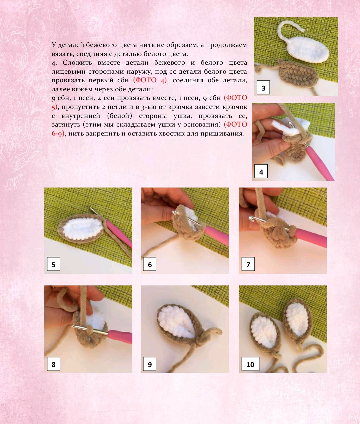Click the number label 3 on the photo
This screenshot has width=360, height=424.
point(263,88)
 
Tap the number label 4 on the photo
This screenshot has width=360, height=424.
point(261,171)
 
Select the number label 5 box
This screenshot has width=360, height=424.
point(54,264)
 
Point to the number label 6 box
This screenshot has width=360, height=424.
point(150,264)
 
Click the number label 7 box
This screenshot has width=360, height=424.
point(248,264)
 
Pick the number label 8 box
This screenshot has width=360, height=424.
point(54,364)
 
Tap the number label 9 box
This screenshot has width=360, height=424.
point(150,364)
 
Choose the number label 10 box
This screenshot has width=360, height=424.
point(250,364)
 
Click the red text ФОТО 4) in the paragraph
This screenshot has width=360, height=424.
point(150,80)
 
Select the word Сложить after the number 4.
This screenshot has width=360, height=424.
point(77,62)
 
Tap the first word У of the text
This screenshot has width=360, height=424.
point(54,45)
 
